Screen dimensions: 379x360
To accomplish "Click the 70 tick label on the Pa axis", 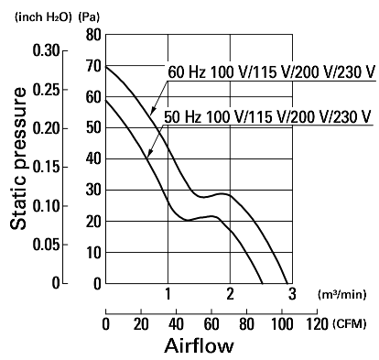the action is (x=93, y=66).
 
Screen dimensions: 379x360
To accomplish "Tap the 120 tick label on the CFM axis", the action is (x=318, y=324).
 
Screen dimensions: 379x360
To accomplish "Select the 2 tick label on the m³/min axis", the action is (x=230, y=294).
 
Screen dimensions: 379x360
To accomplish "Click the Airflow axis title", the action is (x=199, y=345).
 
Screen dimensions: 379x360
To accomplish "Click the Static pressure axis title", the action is (x=18, y=158).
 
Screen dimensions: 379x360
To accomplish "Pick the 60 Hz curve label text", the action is (x=271, y=72).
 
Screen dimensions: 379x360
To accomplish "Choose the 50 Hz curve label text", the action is (x=267, y=116).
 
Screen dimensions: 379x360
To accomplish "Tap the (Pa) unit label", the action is (x=89, y=17).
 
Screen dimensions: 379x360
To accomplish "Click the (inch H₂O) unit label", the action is (x=43, y=17).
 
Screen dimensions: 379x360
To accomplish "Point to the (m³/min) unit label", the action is (x=341, y=295).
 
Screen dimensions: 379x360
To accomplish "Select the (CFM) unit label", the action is (x=350, y=323).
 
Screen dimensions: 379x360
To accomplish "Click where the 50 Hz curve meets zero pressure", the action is (x=263, y=283).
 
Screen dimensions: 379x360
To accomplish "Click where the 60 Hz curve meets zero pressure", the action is (x=287, y=283).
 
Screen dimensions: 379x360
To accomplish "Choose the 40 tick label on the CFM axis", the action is (x=176, y=324).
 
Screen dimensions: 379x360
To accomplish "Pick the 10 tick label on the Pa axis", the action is (x=93, y=253).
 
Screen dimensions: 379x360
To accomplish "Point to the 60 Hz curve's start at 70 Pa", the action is (x=106, y=66).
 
